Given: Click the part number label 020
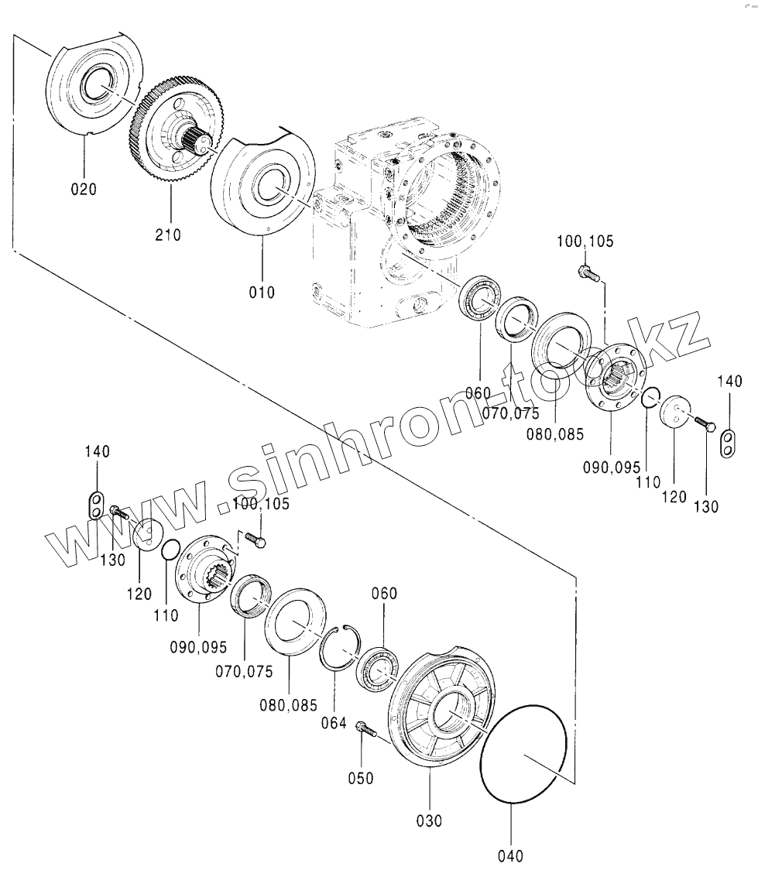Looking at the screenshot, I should [x=84, y=188].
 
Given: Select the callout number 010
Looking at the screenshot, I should [x=262, y=292].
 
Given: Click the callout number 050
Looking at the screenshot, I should [x=361, y=777].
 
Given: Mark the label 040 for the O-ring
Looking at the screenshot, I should [x=511, y=855].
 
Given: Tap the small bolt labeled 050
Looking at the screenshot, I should [x=364, y=728].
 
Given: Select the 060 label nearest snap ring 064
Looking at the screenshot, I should [x=384, y=594].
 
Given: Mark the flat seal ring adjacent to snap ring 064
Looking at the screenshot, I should [x=295, y=627].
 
